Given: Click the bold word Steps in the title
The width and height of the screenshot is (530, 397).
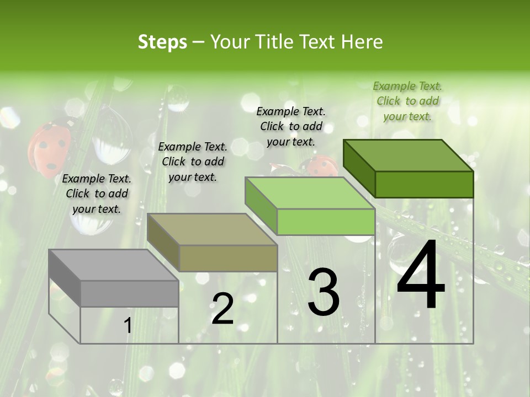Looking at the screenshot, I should pyautogui.click(x=162, y=42).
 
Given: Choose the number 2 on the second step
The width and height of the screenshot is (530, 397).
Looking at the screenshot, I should pyautogui.click(x=222, y=309).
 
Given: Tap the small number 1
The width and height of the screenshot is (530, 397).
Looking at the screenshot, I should pyautogui.click(x=128, y=326).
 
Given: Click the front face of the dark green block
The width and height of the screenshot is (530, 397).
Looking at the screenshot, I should pyautogui.click(x=424, y=184).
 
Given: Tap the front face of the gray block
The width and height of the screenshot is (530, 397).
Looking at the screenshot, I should pyautogui.click(x=130, y=293).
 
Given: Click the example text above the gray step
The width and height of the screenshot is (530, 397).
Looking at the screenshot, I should pyautogui.click(x=97, y=194).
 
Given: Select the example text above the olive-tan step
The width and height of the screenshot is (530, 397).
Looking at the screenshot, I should pyautogui.click(x=193, y=162).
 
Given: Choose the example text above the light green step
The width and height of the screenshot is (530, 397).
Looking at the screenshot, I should pyautogui.click(x=291, y=126).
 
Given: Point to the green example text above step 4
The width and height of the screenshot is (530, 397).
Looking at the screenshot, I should pyautogui.click(x=407, y=101).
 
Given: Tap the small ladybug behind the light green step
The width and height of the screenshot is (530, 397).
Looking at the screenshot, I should pyautogui.click(x=320, y=165).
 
